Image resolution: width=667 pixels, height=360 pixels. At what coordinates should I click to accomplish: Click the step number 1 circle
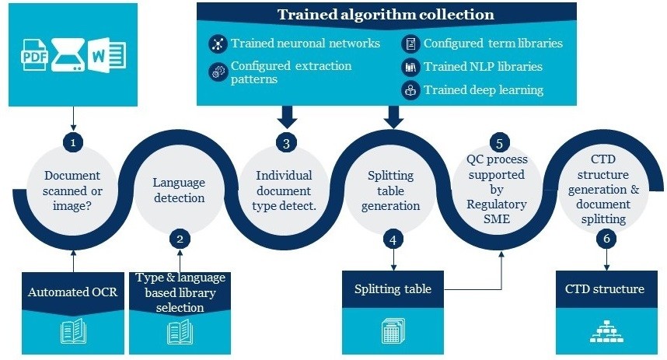pyautogui.click(x=72, y=143)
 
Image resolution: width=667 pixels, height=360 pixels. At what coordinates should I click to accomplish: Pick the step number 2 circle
pyautogui.click(x=180, y=239)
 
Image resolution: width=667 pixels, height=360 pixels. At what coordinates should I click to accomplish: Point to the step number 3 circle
pyautogui.click(x=286, y=143)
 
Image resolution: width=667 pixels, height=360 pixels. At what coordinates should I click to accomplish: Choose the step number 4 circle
pyautogui.click(x=393, y=239)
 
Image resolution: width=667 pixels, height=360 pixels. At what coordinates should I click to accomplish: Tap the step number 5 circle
pyautogui.click(x=498, y=143)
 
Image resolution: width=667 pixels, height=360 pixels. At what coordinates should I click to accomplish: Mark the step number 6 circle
pyautogui.click(x=606, y=239)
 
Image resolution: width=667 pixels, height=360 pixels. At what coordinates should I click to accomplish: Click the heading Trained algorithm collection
pyautogui.click(x=386, y=14)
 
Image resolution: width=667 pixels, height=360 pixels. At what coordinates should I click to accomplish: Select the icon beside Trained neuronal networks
pyautogui.click(x=217, y=44)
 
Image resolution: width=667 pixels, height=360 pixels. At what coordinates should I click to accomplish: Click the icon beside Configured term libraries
pyautogui.click(x=410, y=44)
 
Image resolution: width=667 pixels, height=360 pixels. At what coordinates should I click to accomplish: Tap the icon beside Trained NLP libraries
pyautogui.click(x=410, y=67)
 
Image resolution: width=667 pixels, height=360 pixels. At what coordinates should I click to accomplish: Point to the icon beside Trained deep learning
pyautogui.click(x=410, y=90)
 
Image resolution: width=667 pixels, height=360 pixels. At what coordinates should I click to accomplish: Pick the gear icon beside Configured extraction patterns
pyautogui.click(x=217, y=72)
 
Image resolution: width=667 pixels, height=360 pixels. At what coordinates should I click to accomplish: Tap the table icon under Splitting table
pyautogui.click(x=393, y=331)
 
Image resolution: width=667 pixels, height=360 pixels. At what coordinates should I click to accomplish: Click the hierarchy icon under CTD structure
pyautogui.click(x=605, y=331)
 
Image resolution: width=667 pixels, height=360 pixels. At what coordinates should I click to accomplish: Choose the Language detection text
pyautogui.click(x=179, y=190)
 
